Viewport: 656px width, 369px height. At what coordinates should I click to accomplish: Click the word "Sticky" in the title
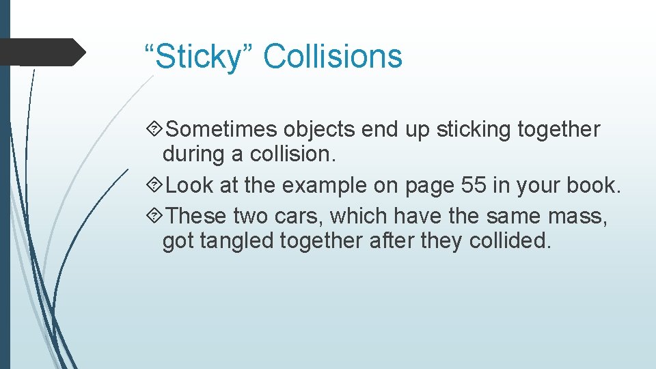click(x=198, y=57)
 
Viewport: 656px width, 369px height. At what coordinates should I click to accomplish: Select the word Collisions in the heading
click(x=333, y=55)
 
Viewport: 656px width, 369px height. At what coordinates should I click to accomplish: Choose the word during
click(x=194, y=154)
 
